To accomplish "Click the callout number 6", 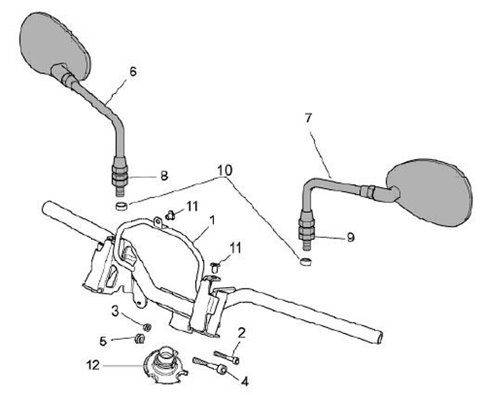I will (x=132, y=70).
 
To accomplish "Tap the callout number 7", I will (x=308, y=118).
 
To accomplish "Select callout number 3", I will (x=115, y=312).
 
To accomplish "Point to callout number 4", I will (x=245, y=381).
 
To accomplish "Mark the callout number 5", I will (x=103, y=340).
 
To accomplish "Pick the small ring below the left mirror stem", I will (x=120, y=206).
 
